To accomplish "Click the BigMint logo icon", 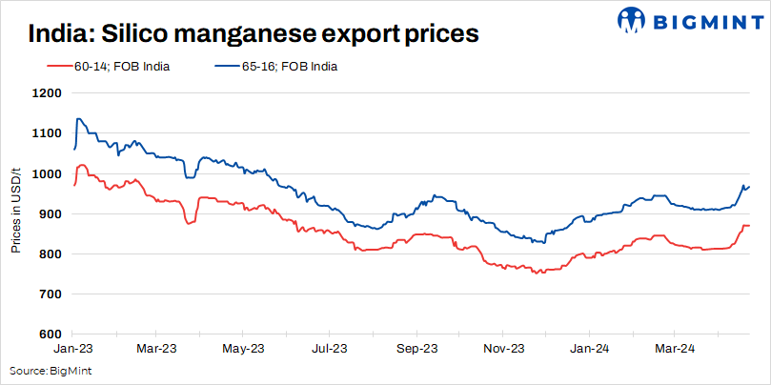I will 633,20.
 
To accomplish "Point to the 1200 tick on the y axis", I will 48,93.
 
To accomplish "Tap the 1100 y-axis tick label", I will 48,133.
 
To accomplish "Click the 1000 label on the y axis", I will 48,173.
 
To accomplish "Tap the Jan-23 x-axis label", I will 73,349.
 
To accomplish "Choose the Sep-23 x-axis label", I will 417,349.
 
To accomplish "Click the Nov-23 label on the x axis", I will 504,349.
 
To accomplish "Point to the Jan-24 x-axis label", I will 589,349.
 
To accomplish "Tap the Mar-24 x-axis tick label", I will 674,349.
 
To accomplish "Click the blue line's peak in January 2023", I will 78,118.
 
